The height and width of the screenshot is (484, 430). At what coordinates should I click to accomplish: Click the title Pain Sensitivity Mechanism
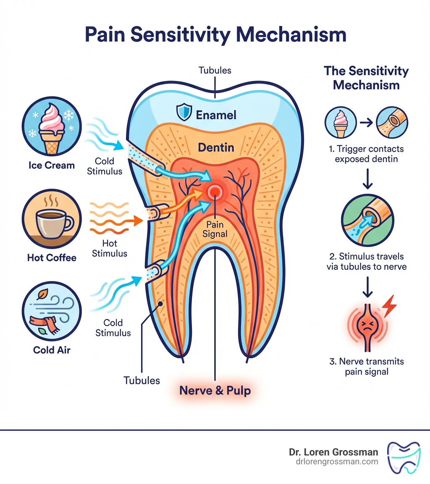[x=215, y=35]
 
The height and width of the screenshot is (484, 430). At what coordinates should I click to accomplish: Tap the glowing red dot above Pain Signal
[x=215, y=193]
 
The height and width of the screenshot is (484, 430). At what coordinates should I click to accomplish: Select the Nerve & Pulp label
[x=215, y=390]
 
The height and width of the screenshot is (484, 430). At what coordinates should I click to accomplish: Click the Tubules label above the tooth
[x=215, y=70]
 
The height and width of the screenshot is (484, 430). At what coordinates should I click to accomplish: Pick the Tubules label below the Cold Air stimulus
[x=142, y=380]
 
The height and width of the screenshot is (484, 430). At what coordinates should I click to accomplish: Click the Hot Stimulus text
[x=109, y=248]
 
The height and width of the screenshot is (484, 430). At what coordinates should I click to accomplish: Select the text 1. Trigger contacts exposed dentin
[x=366, y=154]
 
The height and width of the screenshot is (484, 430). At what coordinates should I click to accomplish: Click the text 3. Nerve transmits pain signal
[x=366, y=367]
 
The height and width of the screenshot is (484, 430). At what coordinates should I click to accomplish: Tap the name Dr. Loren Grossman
[x=333, y=452]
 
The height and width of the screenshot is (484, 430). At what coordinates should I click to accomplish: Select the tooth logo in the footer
[x=404, y=457]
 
